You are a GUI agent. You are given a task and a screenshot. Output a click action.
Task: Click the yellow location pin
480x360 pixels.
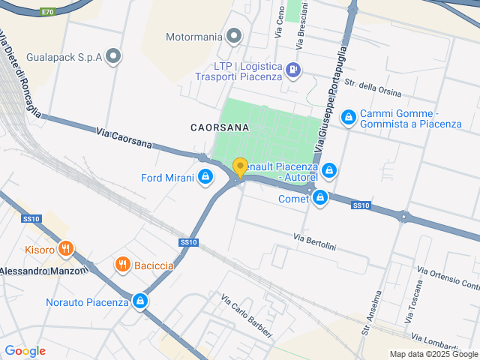240,167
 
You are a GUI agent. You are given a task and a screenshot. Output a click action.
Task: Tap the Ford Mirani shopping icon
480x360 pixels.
205,178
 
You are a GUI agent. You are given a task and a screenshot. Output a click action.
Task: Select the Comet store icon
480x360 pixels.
320,198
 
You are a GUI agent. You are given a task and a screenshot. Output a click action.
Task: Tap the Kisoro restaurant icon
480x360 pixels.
66,249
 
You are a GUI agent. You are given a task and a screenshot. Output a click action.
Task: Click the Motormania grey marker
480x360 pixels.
235,36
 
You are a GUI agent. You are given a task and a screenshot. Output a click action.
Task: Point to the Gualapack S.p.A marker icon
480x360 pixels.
114,56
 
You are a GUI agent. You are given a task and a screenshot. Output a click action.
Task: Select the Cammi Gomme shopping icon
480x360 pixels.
348,118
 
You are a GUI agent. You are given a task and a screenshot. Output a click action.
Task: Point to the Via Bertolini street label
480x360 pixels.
315,242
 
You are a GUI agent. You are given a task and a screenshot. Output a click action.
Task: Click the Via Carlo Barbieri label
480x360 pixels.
246,314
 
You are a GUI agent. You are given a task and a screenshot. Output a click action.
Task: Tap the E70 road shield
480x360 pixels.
49,12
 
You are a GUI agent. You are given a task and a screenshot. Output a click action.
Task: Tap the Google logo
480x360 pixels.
25,351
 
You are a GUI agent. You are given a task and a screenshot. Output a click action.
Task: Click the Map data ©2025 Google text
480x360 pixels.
433,354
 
